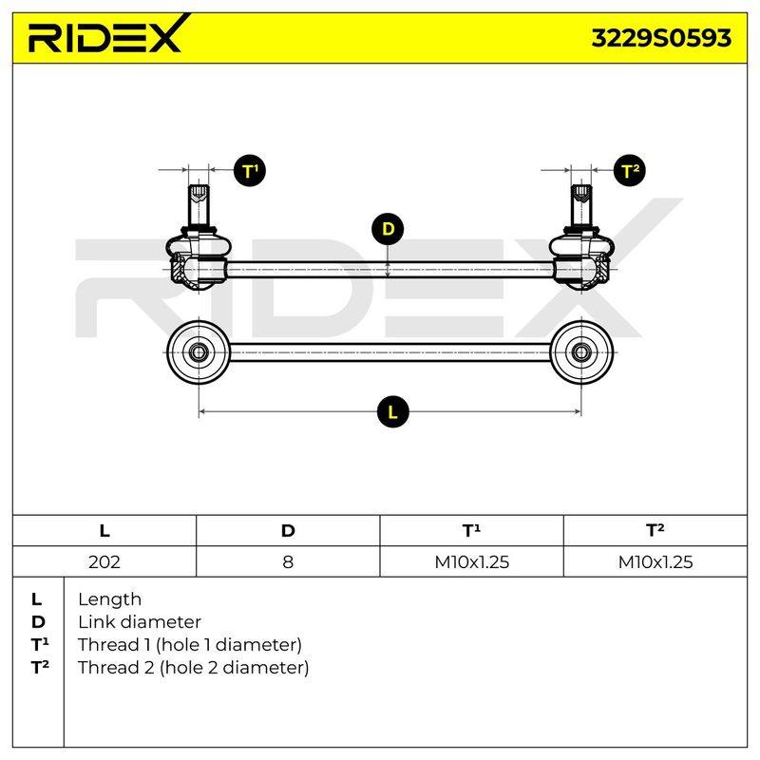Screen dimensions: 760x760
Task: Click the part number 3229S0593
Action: click(x=661, y=38)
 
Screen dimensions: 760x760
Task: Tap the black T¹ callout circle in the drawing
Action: click(x=250, y=171)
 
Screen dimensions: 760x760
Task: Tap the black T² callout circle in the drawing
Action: click(x=630, y=171)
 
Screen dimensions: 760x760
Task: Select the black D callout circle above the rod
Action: click(x=388, y=229)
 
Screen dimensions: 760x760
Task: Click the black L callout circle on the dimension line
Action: click(x=392, y=412)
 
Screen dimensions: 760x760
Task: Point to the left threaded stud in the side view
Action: click(x=199, y=205)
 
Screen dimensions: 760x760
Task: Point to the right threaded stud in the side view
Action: click(x=581, y=205)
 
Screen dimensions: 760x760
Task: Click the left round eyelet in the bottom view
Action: click(x=199, y=351)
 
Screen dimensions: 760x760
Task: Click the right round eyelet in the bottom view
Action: click(x=581, y=351)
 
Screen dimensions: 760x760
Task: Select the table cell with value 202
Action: click(x=104, y=561)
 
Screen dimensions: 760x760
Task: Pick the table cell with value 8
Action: click(x=288, y=561)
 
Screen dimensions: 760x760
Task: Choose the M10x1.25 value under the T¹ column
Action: click(x=471, y=561)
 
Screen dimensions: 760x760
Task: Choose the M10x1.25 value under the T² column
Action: click(x=655, y=561)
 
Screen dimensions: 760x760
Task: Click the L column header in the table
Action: click(x=104, y=531)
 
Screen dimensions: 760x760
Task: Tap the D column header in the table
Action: click(x=288, y=531)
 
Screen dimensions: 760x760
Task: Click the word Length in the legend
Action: click(x=109, y=599)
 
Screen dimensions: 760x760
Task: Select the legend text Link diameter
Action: click(x=140, y=622)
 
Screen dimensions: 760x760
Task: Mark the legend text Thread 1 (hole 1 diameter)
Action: click(x=189, y=645)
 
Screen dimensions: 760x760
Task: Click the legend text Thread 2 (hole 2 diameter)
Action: click(x=193, y=668)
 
